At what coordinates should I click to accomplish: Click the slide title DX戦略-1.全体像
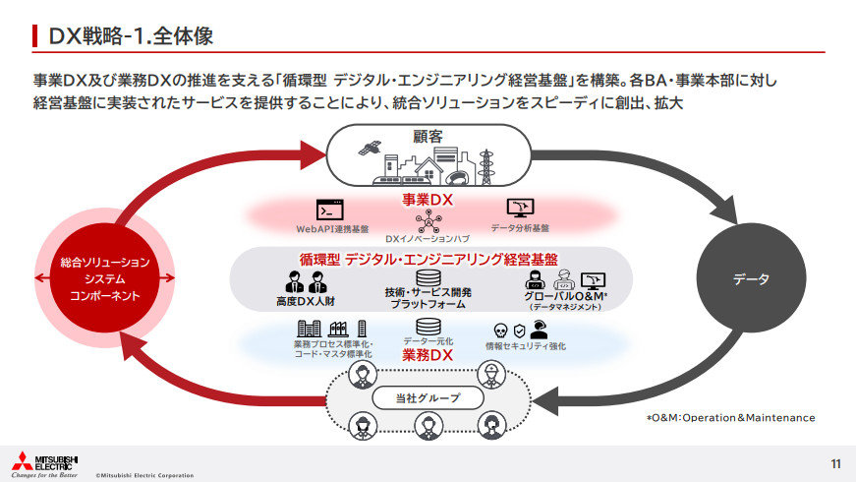(124, 36)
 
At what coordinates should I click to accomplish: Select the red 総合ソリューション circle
(105, 280)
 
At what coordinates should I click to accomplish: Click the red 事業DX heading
(427, 200)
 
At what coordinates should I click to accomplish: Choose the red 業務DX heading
(427, 355)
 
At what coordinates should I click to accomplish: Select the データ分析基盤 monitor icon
(520, 208)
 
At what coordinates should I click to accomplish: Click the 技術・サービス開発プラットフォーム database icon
(428, 277)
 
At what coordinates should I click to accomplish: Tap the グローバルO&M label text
(566, 295)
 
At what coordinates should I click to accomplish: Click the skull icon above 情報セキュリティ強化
(500, 331)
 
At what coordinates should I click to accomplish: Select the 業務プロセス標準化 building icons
(332, 328)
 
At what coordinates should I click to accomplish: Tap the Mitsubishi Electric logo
(45, 463)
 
